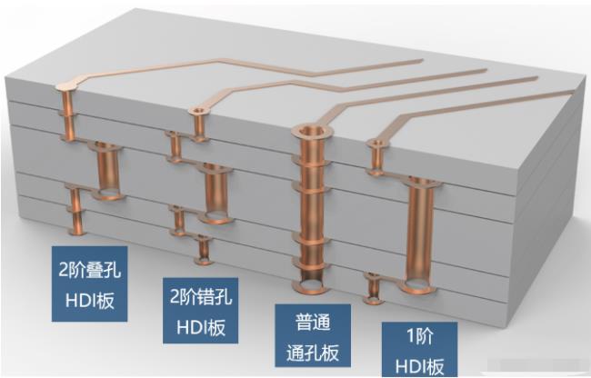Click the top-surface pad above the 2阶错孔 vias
(x=197, y=111)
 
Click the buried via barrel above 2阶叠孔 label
(x=105, y=173)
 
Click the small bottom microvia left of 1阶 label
(x=373, y=287)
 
